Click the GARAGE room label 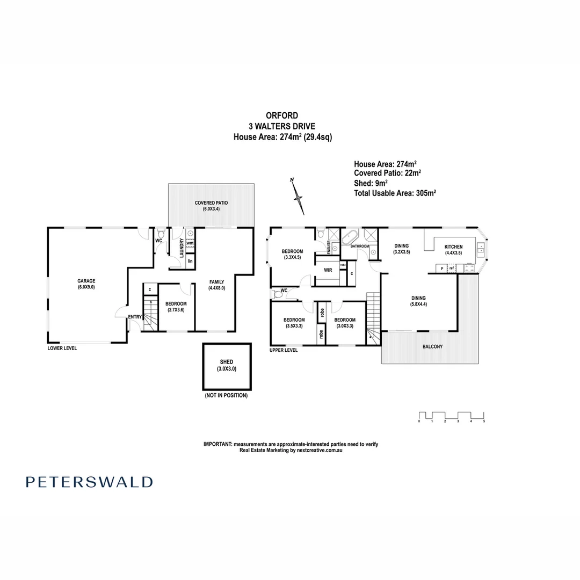tap(86, 280)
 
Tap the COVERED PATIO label tap(211, 203)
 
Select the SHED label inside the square tap(226, 362)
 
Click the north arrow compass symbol tap(298, 197)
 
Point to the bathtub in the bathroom tap(351, 236)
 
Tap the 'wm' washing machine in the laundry tap(190, 243)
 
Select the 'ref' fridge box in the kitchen tap(452, 268)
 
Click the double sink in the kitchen tap(480, 248)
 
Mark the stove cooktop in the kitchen tap(469, 268)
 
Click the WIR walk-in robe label tap(327, 271)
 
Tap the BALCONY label tap(432, 347)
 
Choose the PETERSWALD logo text tap(89, 482)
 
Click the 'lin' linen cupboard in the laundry tap(190, 262)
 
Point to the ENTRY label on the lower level tap(134, 317)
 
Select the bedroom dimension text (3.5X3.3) tap(293, 326)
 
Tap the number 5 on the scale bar tap(484, 422)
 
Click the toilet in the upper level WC tap(278, 294)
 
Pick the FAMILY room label tap(216, 281)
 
